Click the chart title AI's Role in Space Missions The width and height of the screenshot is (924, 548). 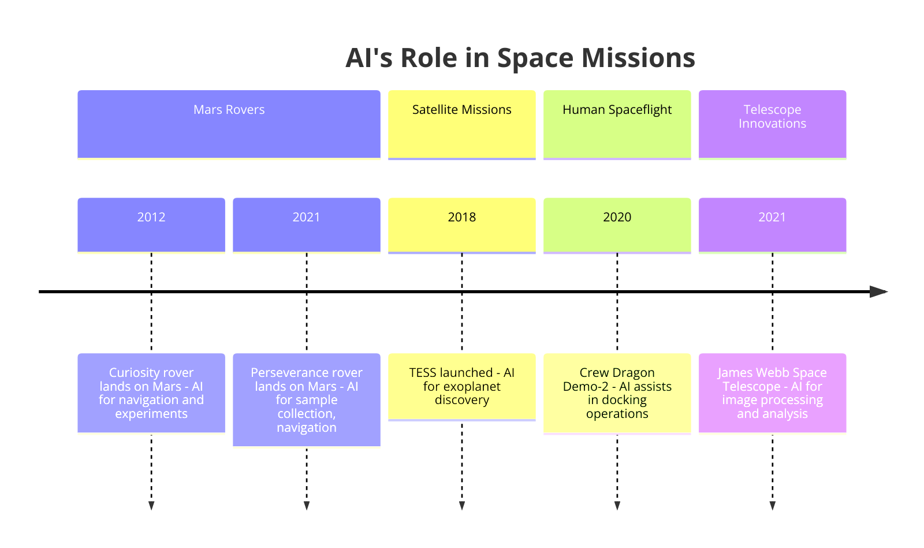pyautogui.click(x=520, y=58)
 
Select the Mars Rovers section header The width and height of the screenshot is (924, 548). pyautogui.click(x=229, y=123)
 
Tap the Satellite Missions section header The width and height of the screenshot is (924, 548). pyautogui.click(x=461, y=123)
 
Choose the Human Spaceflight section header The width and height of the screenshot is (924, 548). pyautogui.click(x=617, y=123)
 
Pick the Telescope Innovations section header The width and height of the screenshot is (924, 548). pyautogui.click(x=772, y=123)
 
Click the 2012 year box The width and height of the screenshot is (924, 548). pyautogui.click(x=151, y=224)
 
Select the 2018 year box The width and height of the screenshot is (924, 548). pyautogui.click(x=461, y=224)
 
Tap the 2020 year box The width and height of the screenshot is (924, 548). pyautogui.click(x=617, y=224)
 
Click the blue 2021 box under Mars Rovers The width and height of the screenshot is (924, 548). pyautogui.click(x=306, y=224)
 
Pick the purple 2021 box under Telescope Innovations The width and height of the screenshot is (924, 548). pyautogui.click(x=772, y=224)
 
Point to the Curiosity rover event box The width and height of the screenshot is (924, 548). pyautogui.click(x=151, y=393)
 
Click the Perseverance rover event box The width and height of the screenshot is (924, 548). pyautogui.click(x=306, y=399)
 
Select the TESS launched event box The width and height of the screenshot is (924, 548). pyautogui.click(x=461, y=386)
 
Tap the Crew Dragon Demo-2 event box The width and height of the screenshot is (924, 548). pyautogui.click(x=617, y=393)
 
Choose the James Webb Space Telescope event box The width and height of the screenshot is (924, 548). pyautogui.click(x=772, y=393)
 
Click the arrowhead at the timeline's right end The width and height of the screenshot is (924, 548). pyautogui.click(x=878, y=291)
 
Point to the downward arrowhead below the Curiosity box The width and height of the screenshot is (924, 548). pyautogui.click(x=151, y=506)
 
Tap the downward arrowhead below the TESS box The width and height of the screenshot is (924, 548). pyautogui.click(x=461, y=506)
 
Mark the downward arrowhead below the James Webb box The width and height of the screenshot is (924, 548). pyautogui.click(x=772, y=506)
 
